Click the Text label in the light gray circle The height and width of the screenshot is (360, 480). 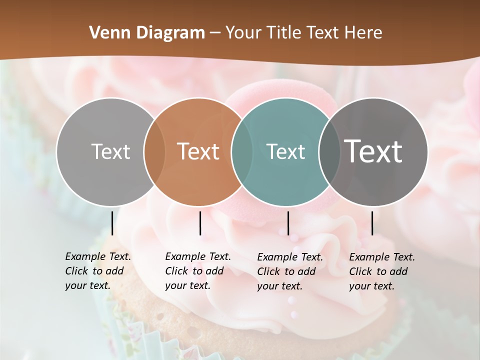click(110, 151)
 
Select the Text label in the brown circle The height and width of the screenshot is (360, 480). click(198, 151)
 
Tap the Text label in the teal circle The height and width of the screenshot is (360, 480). click(285, 151)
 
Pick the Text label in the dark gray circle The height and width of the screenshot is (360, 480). click(373, 151)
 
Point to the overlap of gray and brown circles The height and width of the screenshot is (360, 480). click(154, 151)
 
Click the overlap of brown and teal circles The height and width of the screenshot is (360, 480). click(242, 151)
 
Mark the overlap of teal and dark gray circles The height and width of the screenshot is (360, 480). click(329, 151)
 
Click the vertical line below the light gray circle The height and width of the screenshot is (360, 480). click(112, 223)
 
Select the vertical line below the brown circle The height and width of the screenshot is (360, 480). click(200, 223)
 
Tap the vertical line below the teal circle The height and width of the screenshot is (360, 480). click(288, 223)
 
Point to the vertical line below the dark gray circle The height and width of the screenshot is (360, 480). click(372, 223)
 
